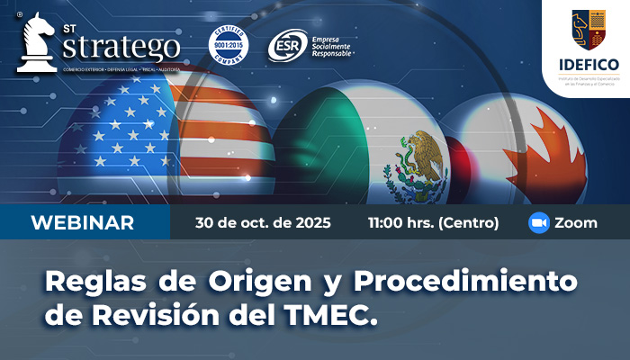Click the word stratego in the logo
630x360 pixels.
pos(121,46)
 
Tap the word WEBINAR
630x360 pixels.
pos(83,223)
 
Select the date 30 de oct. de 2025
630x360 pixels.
pos(263,223)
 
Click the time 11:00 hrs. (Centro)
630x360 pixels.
pos(432,223)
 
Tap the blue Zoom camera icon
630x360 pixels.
pos(539,223)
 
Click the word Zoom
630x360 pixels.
pos(576,223)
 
